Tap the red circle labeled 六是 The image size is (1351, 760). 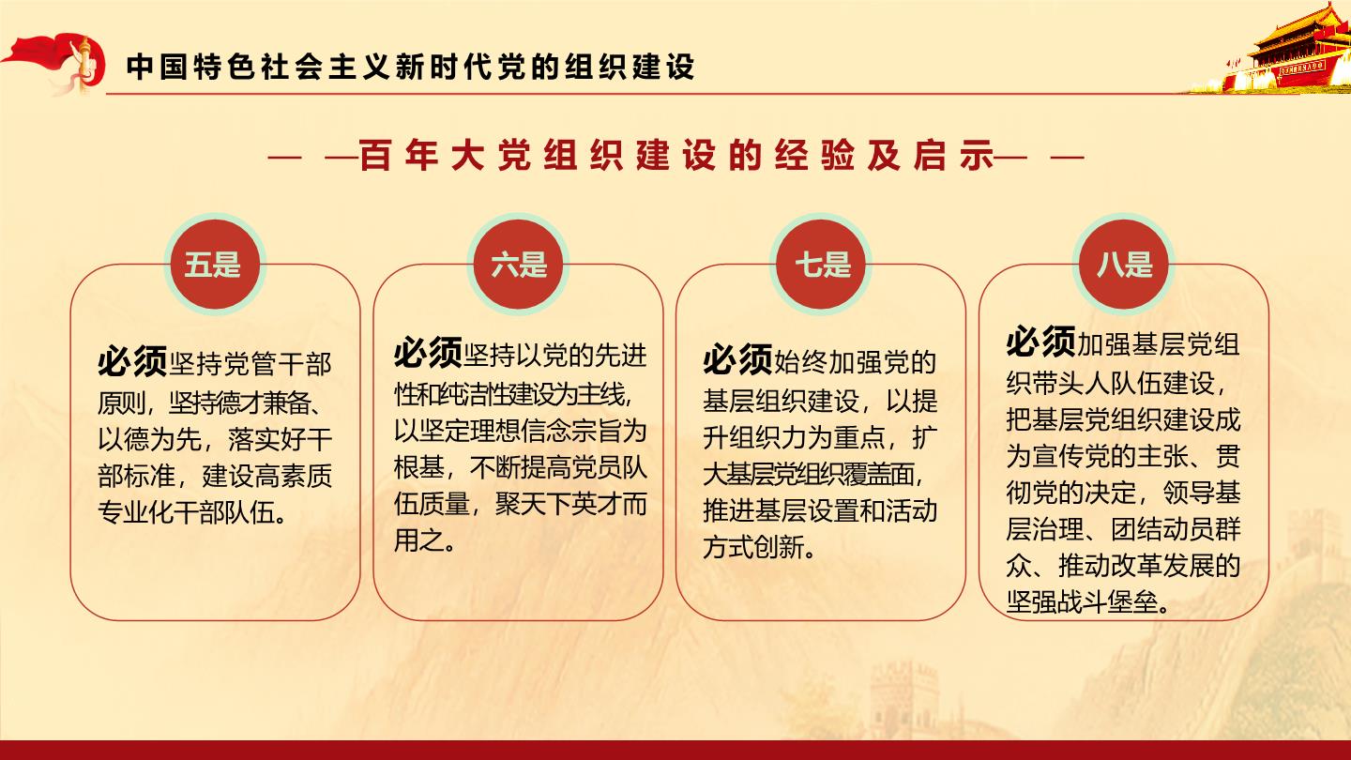pyautogui.click(x=518, y=265)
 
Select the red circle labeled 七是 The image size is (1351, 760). pyautogui.click(x=821, y=265)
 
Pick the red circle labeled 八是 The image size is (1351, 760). pyautogui.click(x=1124, y=265)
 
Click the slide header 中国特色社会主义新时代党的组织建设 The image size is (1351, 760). pyautogui.click(x=410, y=67)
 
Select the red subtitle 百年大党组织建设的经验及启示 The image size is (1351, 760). pyautogui.click(x=676, y=156)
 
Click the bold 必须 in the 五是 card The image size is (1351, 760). pyautogui.click(x=132, y=361)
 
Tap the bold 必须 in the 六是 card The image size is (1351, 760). pyautogui.click(x=428, y=353)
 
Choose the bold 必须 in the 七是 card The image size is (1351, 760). pyautogui.click(x=738, y=359)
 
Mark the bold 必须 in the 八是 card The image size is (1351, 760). pyautogui.click(x=1041, y=342)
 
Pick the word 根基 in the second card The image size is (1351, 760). pyautogui.click(x=419, y=467)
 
